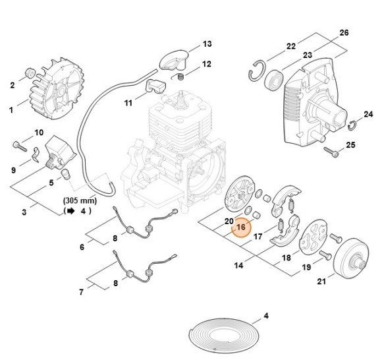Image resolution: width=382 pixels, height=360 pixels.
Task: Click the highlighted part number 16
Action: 240,227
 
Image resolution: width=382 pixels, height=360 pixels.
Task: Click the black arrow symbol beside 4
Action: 70,212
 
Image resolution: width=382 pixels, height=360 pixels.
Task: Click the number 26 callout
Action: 343,32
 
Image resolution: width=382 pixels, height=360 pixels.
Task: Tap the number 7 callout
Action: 81,291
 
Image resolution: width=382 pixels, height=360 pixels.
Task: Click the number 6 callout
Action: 82,247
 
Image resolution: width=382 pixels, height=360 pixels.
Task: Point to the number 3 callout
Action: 24,212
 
